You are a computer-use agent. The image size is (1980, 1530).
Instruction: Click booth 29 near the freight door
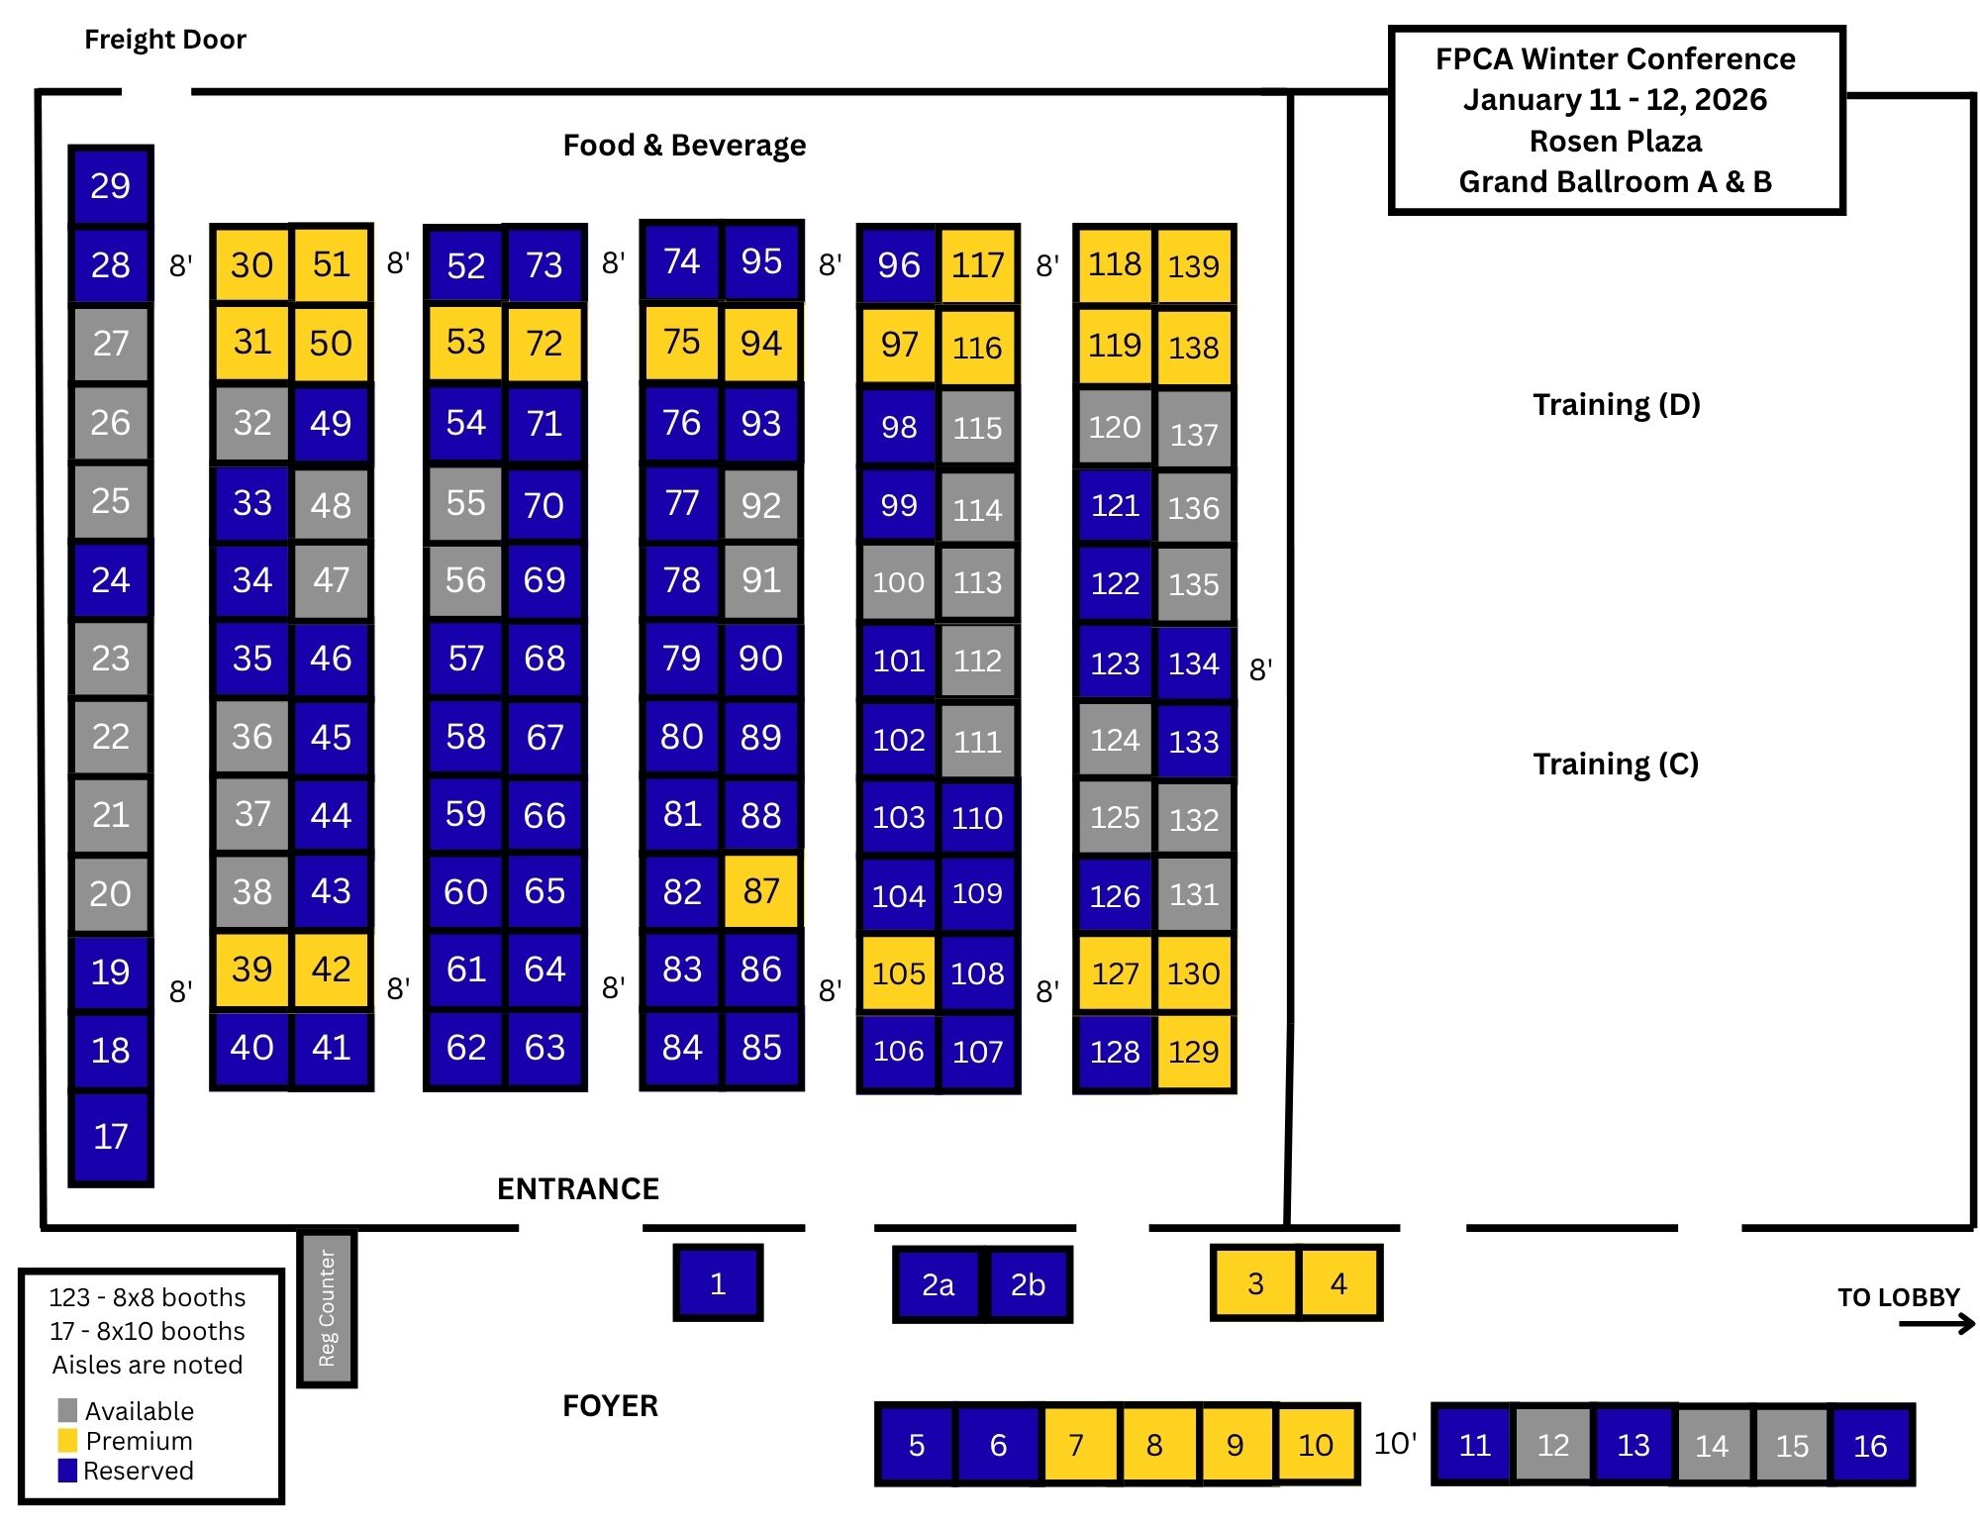[110, 186]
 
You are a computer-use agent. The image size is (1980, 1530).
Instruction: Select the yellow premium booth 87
[760, 891]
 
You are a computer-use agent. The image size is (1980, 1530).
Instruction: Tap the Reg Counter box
[327, 1307]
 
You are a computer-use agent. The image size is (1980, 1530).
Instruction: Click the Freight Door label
[165, 40]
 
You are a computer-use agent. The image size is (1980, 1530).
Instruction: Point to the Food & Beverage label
[684, 146]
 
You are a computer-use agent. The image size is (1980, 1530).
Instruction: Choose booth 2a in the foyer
[938, 1284]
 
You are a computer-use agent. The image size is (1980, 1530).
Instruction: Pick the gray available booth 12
[1552, 1445]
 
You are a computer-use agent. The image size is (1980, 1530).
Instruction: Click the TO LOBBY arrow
[1936, 1324]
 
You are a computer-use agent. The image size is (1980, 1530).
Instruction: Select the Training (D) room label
[1616, 404]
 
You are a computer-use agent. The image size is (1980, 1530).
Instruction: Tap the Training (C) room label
[1616, 764]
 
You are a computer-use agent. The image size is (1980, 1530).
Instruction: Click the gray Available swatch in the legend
[67, 1410]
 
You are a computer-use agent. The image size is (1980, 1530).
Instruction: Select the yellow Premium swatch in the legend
[67, 1440]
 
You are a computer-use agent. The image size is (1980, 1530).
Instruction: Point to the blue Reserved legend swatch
[67, 1471]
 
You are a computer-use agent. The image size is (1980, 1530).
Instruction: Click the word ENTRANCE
[578, 1188]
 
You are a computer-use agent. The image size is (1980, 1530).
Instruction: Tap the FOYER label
[610, 1405]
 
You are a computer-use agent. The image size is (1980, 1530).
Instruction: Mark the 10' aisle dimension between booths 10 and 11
[1395, 1444]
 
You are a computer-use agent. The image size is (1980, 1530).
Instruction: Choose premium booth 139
[1193, 265]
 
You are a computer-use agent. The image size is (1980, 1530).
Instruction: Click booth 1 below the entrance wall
[718, 1283]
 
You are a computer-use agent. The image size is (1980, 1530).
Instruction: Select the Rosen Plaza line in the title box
[1616, 141]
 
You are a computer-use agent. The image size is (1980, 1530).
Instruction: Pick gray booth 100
[898, 582]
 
